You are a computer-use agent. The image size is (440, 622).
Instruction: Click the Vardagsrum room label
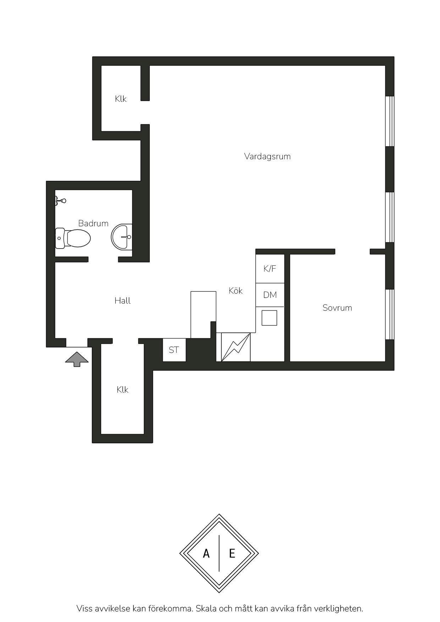267,156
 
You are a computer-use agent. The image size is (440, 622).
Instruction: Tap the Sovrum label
337,308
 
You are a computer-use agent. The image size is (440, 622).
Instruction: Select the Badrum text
93,223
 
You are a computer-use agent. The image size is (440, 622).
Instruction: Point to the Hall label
122,301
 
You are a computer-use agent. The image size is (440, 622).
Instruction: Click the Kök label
236,291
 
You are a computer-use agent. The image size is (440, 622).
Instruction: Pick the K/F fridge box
270,268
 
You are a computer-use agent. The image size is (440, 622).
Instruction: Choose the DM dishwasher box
270,295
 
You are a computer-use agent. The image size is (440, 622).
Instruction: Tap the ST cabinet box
174,350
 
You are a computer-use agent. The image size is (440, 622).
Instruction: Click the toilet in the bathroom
73,238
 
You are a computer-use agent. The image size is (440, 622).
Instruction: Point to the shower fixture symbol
60,201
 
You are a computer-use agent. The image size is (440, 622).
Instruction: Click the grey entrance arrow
77,359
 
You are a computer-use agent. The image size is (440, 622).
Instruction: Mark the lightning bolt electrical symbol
236,347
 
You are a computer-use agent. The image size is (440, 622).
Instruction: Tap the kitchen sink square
269,318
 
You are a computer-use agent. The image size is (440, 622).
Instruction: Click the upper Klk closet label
121,99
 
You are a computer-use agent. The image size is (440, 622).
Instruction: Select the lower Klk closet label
122,390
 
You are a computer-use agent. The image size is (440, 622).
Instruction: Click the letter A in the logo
206,553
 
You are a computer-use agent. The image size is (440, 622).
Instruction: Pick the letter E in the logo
232,553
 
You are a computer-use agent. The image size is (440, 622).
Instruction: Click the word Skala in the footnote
206,609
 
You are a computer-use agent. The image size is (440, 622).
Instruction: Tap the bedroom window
390,314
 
